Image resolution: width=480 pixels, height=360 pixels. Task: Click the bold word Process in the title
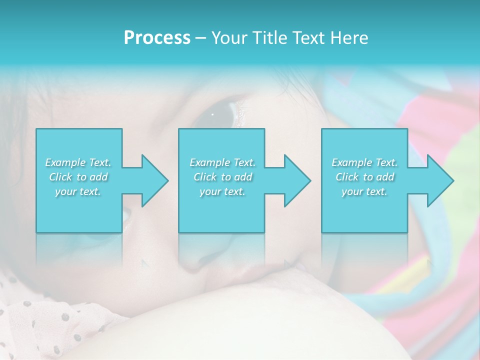[x=157, y=38]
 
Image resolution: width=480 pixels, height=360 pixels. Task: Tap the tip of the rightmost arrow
[x=453, y=180]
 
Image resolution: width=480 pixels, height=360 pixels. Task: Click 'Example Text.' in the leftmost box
[x=78, y=162]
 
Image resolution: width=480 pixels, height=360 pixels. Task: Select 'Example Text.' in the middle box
[x=222, y=162]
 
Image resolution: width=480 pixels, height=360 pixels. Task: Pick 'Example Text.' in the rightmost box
[x=364, y=162]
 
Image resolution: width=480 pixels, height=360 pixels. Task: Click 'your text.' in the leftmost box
[x=78, y=191]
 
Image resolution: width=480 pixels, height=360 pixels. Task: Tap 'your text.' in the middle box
[x=222, y=191]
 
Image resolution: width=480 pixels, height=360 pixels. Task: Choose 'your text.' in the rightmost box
[x=364, y=191]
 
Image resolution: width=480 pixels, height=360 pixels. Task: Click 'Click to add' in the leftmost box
[x=78, y=177]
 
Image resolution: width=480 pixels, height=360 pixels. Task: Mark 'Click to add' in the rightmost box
[x=364, y=177]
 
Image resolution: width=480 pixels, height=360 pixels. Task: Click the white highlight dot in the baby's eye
[x=212, y=114]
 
